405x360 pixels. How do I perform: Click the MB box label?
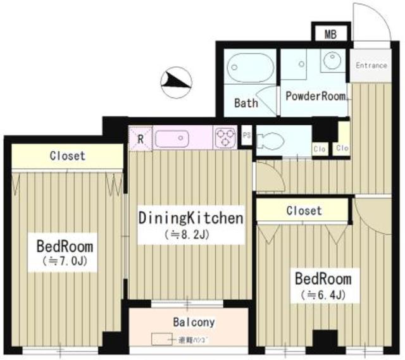point(330,34)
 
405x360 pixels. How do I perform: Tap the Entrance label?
point(371,65)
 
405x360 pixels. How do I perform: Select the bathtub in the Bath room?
point(249,71)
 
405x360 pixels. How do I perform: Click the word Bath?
point(246,102)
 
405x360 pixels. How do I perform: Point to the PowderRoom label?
point(316,96)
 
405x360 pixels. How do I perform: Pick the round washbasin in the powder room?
point(331,61)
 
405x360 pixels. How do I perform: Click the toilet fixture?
point(275,139)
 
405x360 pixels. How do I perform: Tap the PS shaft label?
point(247,135)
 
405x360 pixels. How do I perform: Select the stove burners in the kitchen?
point(226,137)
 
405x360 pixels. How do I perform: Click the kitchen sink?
point(178,137)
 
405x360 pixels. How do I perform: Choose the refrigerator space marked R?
point(140,137)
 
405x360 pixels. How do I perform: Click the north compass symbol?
point(177,81)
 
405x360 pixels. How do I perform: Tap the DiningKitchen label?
point(190,219)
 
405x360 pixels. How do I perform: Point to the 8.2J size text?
point(190,235)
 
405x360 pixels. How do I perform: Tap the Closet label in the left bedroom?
point(67,156)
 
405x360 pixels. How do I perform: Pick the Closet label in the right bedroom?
point(303,210)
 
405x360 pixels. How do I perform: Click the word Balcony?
point(194,322)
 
